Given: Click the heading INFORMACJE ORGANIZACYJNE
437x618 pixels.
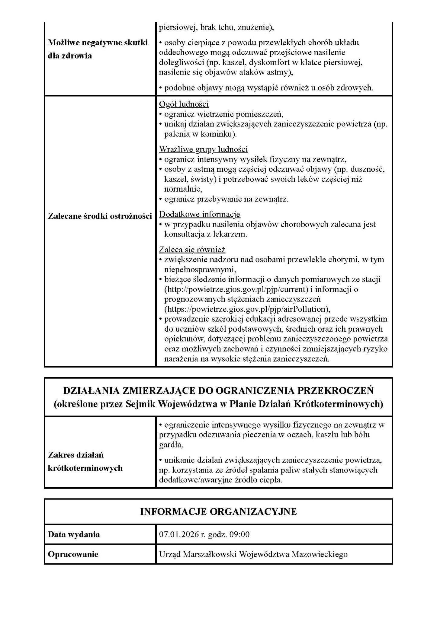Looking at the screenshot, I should tap(218, 511).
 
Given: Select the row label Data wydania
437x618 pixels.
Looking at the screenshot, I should tap(74, 534).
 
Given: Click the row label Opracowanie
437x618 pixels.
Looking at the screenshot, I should tap(73, 554).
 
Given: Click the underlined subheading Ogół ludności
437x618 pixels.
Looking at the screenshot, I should tap(184, 104).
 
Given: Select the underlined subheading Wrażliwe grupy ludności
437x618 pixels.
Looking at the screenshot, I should tap(204, 149).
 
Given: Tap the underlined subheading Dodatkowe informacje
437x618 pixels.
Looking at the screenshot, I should tap(200, 214).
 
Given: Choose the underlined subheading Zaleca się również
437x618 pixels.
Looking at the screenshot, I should tap(192, 250).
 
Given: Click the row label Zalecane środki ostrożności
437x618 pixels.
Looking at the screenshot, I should tap(100, 216).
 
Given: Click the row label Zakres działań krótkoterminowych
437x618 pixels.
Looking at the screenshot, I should tap(85, 461).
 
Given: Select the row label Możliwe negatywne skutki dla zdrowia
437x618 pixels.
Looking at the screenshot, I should tap(98, 49).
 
